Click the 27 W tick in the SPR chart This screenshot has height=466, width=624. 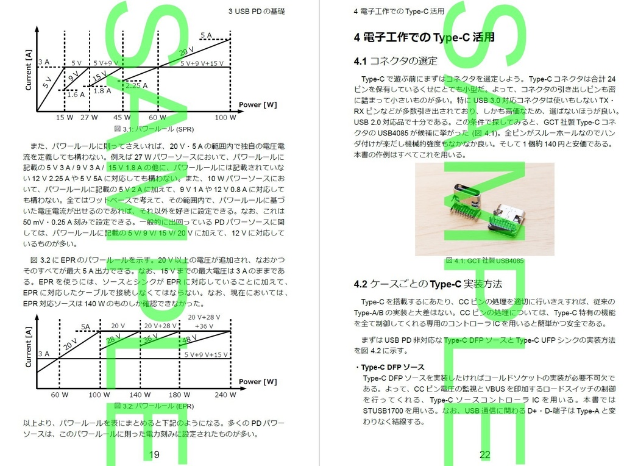pos(89,117)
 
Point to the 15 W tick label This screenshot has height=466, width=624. pos(64,117)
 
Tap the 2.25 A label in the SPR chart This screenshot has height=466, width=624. pos(133,86)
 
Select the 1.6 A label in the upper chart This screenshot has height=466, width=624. pos(76,95)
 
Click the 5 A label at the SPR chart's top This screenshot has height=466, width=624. pos(206,35)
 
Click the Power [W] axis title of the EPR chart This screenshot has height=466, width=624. pos(257,382)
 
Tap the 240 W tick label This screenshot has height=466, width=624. pos(224,395)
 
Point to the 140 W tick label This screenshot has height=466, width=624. pos(140,395)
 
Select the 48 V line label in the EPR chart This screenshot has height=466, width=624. pos(190,339)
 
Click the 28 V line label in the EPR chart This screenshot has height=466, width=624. pos(113,340)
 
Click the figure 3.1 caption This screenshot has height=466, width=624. pos(154,129)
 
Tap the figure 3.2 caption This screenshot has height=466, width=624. pos(154,406)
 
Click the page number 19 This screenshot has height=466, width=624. pos(154,454)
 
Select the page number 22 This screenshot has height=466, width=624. pos(485,454)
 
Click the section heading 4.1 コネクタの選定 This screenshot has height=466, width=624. pos(395,60)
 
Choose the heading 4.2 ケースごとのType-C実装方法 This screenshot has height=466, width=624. pos(428,284)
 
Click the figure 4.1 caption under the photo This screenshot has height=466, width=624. pos(484,260)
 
